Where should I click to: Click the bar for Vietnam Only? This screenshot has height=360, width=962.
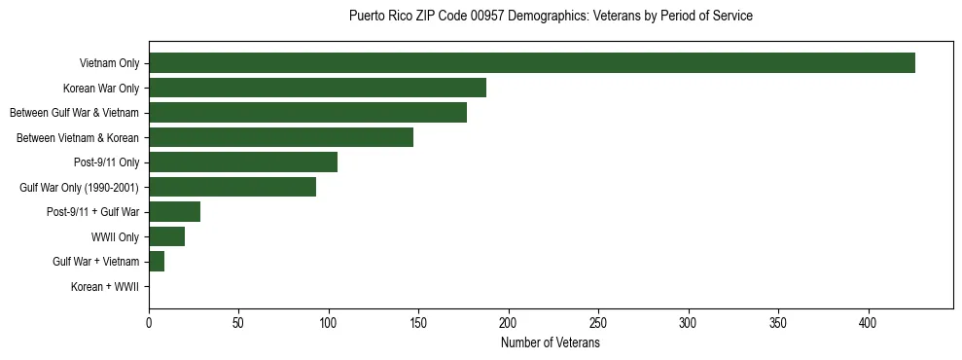[x=532, y=63]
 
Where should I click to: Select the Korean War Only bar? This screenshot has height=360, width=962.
[x=317, y=88]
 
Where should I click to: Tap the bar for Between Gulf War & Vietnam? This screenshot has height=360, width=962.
[x=307, y=113]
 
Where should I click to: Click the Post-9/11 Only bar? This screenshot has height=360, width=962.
[x=243, y=162]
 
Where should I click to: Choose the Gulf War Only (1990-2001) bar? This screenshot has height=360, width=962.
[x=232, y=187]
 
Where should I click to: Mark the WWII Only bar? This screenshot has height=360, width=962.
[x=166, y=236]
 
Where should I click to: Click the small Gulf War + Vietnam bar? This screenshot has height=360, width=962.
[x=157, y=262]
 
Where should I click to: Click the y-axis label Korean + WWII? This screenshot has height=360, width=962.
[x=105, y=287]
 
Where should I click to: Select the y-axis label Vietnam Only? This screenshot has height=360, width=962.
[x=109, y=64]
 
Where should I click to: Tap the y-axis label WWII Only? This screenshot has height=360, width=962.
[x=115, y=237]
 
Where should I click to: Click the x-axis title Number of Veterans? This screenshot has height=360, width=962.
[x=550, y=342]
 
